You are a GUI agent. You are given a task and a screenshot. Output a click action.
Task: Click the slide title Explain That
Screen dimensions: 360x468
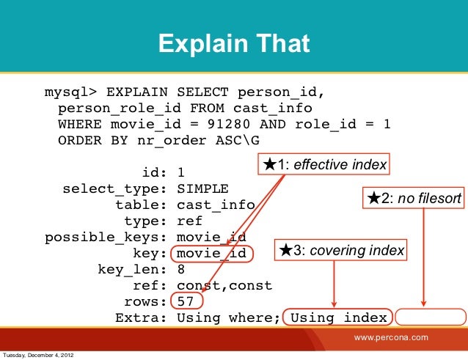234,45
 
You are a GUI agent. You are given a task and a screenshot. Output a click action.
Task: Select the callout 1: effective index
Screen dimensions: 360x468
324,165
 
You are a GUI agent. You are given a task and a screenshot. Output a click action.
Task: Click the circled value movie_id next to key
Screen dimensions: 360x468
211,254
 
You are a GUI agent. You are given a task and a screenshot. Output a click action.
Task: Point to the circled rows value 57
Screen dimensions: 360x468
186,301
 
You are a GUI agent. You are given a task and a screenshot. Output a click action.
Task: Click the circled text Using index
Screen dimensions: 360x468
338,317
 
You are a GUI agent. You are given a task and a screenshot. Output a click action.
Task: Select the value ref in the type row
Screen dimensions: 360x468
189,221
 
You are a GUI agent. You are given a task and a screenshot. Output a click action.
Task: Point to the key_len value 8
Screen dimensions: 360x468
181,269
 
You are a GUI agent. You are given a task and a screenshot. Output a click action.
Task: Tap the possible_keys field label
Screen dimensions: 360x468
107,237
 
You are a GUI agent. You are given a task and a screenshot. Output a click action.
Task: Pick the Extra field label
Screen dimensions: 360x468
142,317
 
